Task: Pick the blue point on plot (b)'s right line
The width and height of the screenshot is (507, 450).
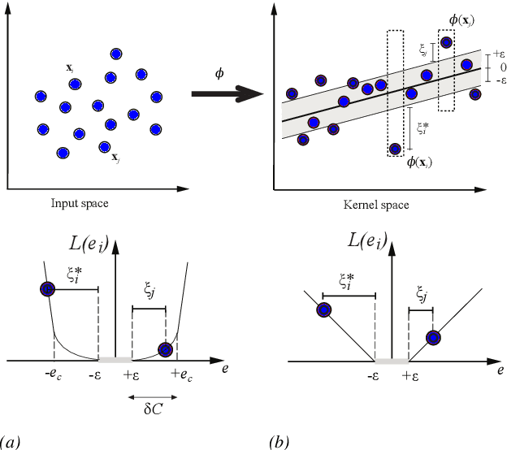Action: [434, 337]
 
